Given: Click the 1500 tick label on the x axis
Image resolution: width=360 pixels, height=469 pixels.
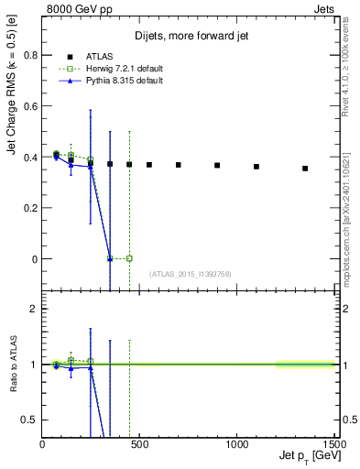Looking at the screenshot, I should tap(334, 444).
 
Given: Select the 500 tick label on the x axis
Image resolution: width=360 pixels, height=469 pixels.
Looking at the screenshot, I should tap(139, 444).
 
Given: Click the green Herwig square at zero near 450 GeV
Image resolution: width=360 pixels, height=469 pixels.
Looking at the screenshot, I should tap(129, 258).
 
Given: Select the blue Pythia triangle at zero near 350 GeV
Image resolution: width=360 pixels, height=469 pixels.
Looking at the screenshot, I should tap(110, 258).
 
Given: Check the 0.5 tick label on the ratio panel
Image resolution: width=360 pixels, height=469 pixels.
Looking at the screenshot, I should tap(30, 420).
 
